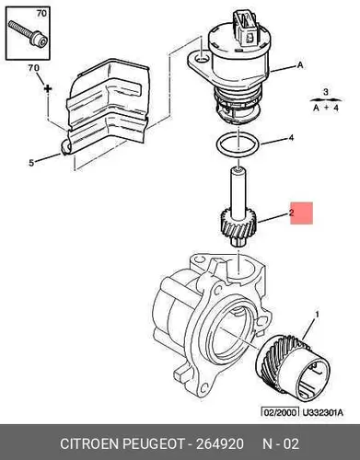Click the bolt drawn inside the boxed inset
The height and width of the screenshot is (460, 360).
coord(28,34)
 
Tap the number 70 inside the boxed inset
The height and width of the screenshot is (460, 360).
coord(41,13)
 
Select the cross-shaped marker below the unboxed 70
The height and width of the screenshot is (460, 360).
coord(48,88)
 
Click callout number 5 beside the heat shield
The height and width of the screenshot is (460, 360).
coord(31,163)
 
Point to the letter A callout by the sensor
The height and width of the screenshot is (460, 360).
coord(300,65)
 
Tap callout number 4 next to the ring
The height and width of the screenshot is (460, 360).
coord(291,138)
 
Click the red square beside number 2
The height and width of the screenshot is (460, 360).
coord(301,213)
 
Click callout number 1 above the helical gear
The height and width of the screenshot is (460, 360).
coord(317,315)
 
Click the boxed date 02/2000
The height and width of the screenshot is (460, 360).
coord(280,412)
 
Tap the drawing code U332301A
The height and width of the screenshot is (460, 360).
coord(322,412)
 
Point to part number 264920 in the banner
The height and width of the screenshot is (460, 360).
coord(219,443)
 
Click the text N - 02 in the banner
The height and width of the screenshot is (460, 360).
coord(280,443)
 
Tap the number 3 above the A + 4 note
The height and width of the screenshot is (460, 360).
coord(326,92)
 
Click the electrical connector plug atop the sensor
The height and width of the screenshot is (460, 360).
coord(246,29)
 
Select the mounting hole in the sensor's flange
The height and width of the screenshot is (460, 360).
coord(202,58)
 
